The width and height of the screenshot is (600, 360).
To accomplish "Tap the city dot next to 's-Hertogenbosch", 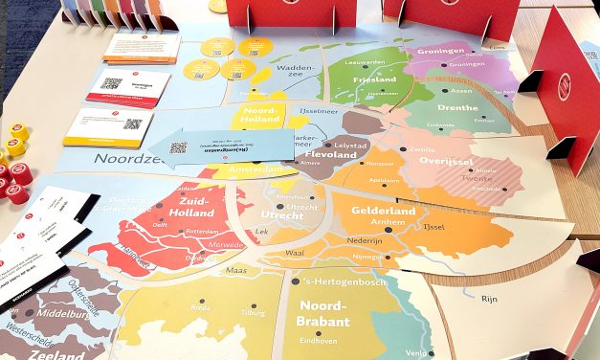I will coord(295,281).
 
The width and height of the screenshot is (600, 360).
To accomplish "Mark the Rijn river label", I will coord(488,300).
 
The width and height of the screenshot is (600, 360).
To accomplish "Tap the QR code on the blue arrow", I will coord(179,148).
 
